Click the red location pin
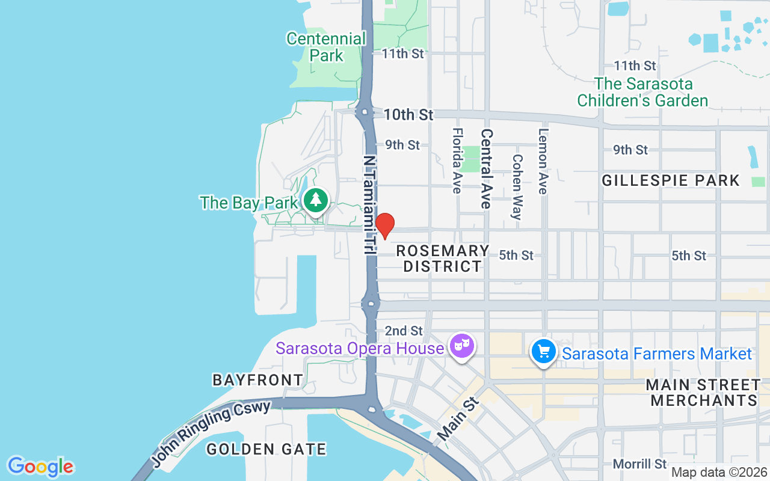coord(384,225)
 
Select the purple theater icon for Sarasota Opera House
coord(461,347)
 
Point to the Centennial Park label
coord(326,47)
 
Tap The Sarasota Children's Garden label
coord(643,92)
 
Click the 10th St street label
coord(408,114)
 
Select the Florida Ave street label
coord(457,161)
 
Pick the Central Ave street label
coord(487,169)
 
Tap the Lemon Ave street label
coord(543,161)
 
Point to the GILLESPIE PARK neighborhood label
coord(671,180)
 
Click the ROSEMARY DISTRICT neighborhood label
coord(443,259)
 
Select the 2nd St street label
coord(404,331)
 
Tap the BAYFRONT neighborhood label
coord(258,380)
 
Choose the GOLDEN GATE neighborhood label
coord(266,449)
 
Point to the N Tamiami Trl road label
coord(369,204)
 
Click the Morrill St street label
coord(640,464)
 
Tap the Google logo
coord(40,467)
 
